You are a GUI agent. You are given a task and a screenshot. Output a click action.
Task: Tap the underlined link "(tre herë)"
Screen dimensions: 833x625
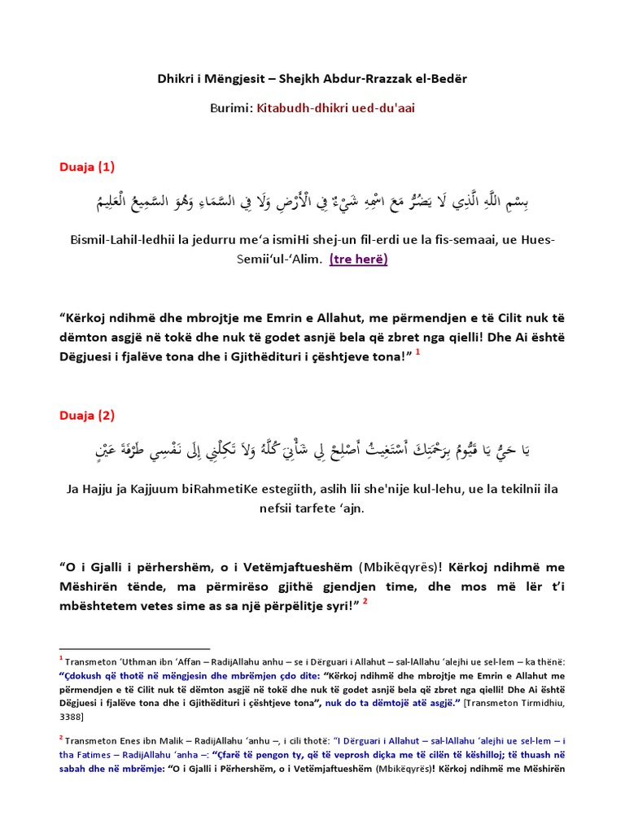click(358, 259)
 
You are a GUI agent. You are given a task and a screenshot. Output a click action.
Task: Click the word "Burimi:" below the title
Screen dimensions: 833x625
click(233, 107)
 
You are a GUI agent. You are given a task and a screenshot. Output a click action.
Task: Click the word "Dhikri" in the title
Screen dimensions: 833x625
click(176, 78)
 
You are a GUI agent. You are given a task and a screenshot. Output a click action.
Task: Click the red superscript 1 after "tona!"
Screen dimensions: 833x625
click(417, 351)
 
